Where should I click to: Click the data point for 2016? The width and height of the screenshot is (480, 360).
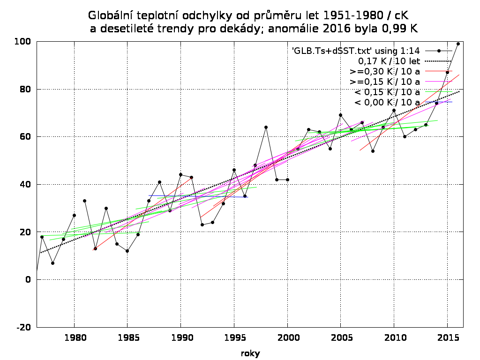tap(458, 44)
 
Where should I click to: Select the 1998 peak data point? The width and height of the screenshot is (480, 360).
tap(266, 127)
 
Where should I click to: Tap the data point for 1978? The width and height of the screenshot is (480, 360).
tap(52, 263)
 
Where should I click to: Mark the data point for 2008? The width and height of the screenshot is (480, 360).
tap(373, 151)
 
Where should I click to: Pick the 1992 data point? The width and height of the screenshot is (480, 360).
tap(202, 225)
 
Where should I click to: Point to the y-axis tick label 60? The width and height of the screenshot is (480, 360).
tap(25, 137)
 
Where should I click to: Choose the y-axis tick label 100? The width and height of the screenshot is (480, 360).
tap(22, 42)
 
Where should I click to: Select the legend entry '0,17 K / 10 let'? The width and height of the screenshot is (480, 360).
tap(389, 61)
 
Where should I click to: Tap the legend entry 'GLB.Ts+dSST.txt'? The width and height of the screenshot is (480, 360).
tap(356, 51)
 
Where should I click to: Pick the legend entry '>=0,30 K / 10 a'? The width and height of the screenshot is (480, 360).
tap(384, 71)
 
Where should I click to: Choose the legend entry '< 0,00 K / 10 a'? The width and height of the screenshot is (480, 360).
tap(387, 102)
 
